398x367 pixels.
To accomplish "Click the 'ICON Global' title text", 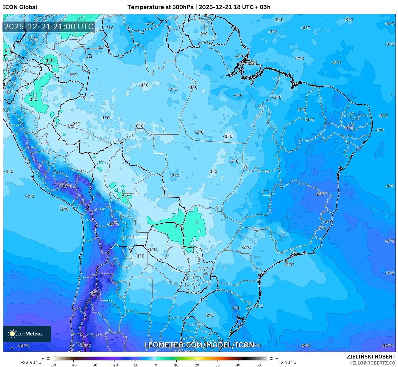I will [x=20, y=7].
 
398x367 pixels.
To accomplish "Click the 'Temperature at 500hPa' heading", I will [x=160, y=7].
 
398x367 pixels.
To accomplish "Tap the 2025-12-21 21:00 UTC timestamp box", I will [x=49, y=27].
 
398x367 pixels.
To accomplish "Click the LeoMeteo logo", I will [x=27, y=334].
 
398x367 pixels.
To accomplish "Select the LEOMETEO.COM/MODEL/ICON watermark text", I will [x=199, y=345].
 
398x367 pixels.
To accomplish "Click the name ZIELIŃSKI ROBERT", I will [x=371, y=357].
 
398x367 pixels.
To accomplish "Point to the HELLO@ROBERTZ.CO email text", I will [x=372, y=363].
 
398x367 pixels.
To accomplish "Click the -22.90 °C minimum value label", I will [x=31, y=362].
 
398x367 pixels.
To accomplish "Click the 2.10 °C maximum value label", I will [x=288, y=362].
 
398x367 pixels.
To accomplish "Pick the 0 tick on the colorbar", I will [x=156, y=365].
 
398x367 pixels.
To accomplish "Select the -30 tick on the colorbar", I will [x=94, y=365].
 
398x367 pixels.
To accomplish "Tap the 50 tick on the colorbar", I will [x=259, y=365].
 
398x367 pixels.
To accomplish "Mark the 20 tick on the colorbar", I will [x=197, y=365].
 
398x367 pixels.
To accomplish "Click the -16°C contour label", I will [x=95, y=293].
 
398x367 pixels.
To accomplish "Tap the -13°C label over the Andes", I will [x=66, y=186].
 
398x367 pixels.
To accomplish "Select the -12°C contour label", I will [x=113, y=224].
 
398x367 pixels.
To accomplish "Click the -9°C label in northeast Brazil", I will [x=349, y=128].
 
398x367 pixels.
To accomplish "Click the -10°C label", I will [x=388, y=345].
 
